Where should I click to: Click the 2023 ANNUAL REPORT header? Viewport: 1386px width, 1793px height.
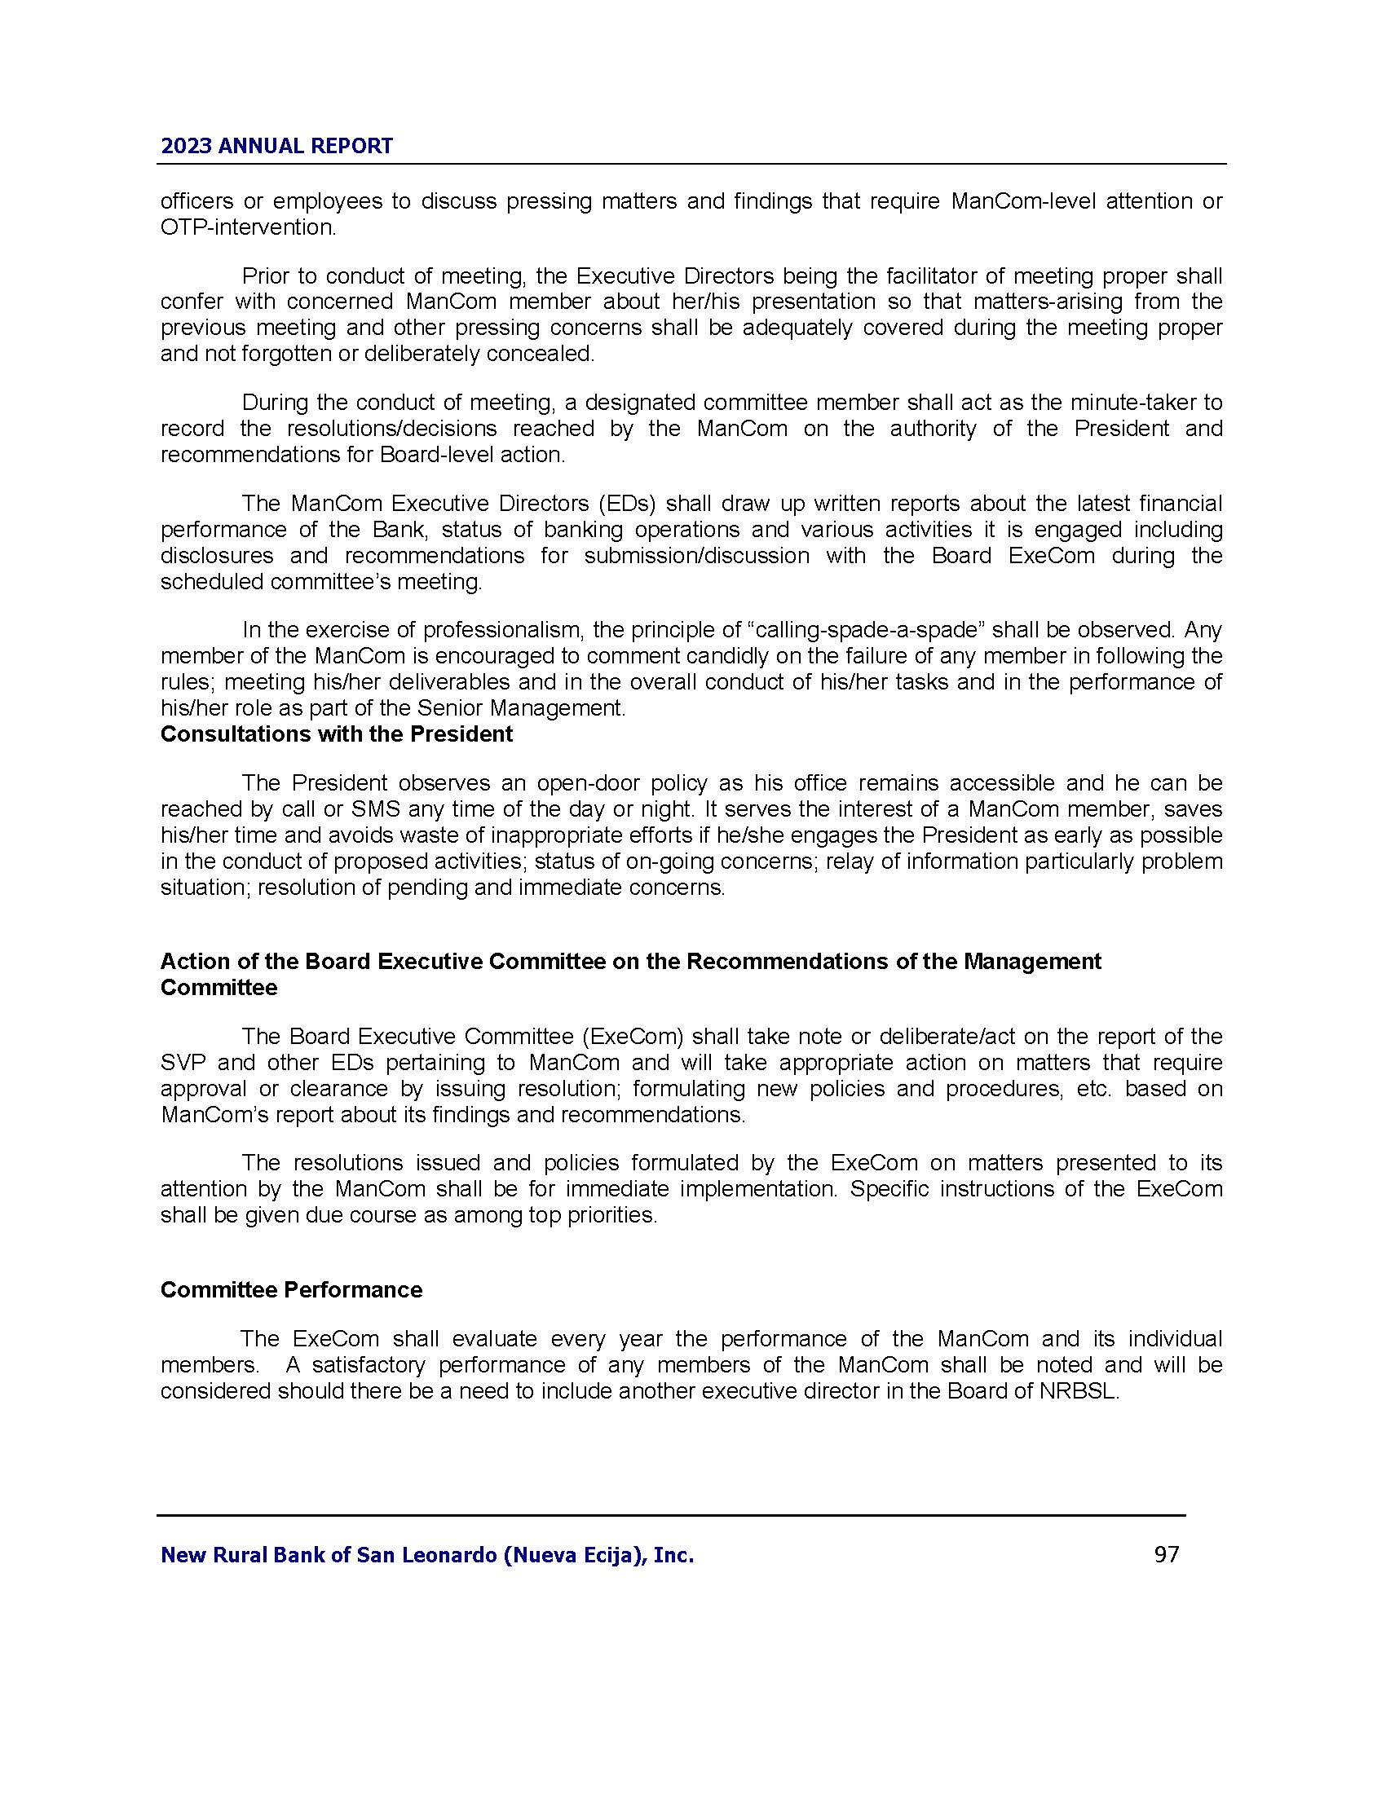(x=276, y=146)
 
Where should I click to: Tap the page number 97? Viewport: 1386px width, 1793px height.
(x=1166, y=1554)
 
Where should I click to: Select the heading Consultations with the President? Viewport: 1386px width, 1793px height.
(x=337, y=734)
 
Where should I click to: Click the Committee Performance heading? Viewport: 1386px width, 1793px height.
(x=292, y=1290)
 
